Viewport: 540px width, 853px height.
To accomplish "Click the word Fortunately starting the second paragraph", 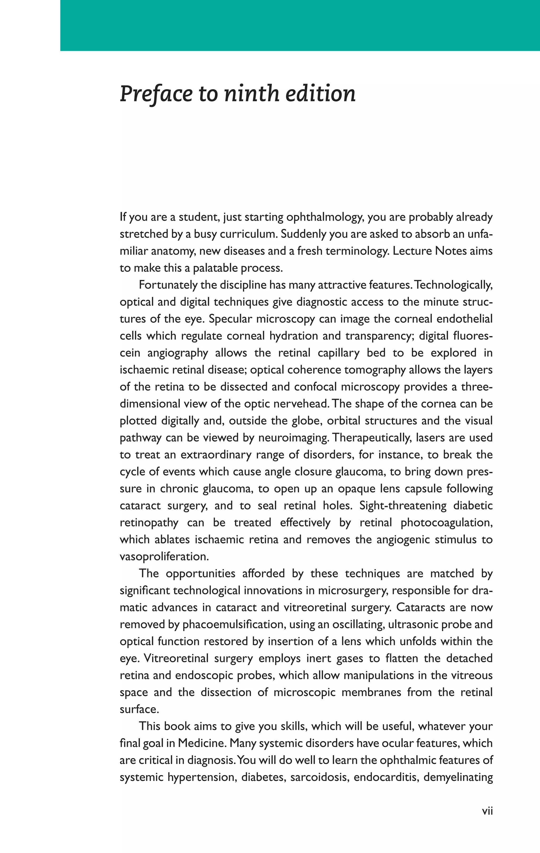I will (168, 285).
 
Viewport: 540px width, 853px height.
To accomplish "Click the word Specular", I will (230, 319).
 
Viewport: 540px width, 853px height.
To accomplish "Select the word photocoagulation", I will (446, 522).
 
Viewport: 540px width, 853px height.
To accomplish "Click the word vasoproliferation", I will (164, 556).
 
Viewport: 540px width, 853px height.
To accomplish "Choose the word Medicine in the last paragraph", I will (201, 744).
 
